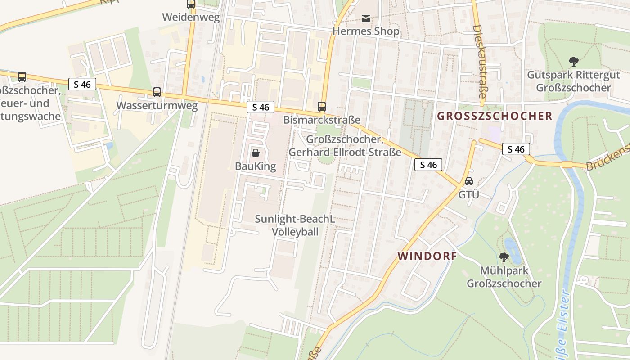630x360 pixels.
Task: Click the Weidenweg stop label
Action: [191, 18]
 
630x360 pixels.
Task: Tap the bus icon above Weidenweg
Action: [191, 4]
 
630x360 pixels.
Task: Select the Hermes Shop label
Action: [365, 31]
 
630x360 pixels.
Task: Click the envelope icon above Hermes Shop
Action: [365, 18]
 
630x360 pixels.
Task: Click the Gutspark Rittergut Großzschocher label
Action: [573, 81]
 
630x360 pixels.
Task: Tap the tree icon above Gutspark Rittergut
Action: [573, 61]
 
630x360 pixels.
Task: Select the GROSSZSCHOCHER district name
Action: [495, 116]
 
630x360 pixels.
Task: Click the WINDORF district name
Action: [427, 256]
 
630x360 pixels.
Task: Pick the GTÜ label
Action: [468, 195]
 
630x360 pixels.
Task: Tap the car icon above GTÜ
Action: [468, 181]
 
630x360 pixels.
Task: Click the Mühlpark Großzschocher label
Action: [504, 277]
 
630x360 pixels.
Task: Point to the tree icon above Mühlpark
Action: [504, 257]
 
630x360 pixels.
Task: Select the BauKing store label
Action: [255, 166]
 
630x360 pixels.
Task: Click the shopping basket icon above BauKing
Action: [255, 153]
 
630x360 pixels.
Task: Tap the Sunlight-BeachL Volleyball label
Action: [295, 225]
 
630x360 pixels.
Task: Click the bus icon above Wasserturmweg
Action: [157, 92]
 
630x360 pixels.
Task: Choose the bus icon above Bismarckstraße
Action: [322, 107]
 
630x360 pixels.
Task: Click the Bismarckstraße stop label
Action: [322, 120]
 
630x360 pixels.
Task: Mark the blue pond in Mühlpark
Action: [513, 250]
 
